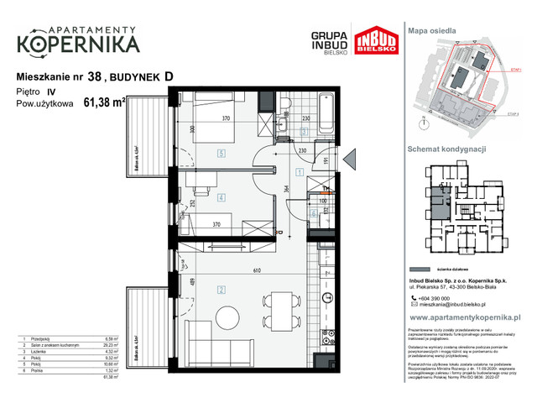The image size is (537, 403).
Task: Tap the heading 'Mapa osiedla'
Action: pyautogui.click(x=432, y=29)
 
